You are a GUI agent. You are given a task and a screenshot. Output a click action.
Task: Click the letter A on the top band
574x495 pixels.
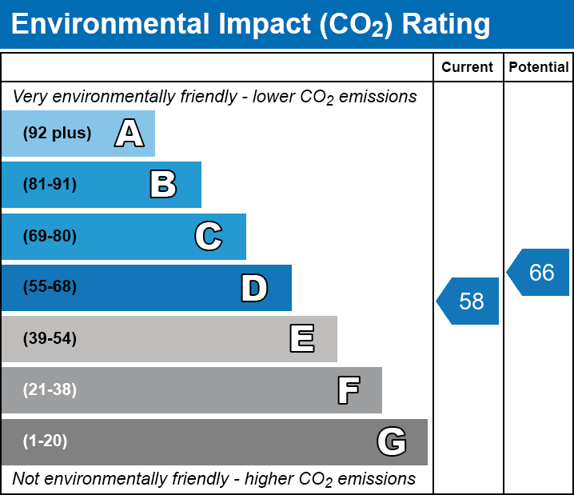coord(130,134)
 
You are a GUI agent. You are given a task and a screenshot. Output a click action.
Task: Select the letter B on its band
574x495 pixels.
coord(163,185)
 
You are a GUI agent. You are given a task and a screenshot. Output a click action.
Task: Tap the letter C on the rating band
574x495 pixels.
coord(209,236)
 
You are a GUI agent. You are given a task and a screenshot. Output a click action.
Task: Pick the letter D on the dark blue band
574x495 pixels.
coord(254,288)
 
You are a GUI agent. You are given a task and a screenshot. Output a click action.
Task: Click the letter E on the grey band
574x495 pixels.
coord(301,339)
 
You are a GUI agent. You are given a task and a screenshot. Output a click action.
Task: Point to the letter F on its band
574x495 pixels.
coord(348,390)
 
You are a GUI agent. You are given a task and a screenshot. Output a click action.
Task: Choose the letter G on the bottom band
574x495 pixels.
coord(392,441)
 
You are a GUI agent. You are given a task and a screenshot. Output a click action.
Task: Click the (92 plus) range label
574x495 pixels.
coord(57,134)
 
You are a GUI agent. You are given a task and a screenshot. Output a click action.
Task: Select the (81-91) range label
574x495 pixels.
coord(50,185)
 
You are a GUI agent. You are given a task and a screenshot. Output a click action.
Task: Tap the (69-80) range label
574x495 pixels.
coord(50,236)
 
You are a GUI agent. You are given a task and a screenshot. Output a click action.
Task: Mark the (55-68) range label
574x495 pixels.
coord(50,287)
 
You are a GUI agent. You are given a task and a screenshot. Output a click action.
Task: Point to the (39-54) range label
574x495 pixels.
coord(50,339)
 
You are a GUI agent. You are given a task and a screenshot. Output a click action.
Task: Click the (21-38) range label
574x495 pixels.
coord(50,390)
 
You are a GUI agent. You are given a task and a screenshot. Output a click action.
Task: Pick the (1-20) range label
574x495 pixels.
coord(46,441)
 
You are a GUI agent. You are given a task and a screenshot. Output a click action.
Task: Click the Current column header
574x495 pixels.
coord(468,68)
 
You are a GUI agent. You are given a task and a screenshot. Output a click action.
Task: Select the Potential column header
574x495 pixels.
coord(539,68)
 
